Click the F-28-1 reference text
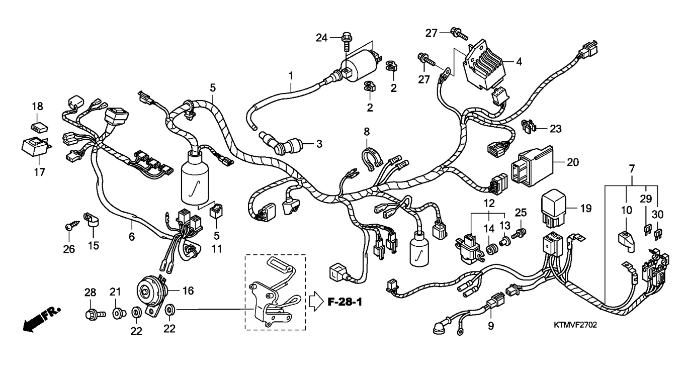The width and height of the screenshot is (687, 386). click(345, 302)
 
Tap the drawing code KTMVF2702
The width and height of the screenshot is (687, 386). click(575, 325)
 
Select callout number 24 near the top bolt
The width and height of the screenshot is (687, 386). click(322, 38)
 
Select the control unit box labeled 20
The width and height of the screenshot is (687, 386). click(532, 166)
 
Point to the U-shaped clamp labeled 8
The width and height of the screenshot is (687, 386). click(372, 158)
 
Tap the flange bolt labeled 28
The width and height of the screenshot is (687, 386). click(95, 315)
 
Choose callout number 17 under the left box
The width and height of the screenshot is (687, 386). click(40, 172)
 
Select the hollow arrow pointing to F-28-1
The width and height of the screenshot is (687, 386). click(316, 302)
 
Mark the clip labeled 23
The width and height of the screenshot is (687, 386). click(528, 127)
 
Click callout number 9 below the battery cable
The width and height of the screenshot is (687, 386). click(491, 326)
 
